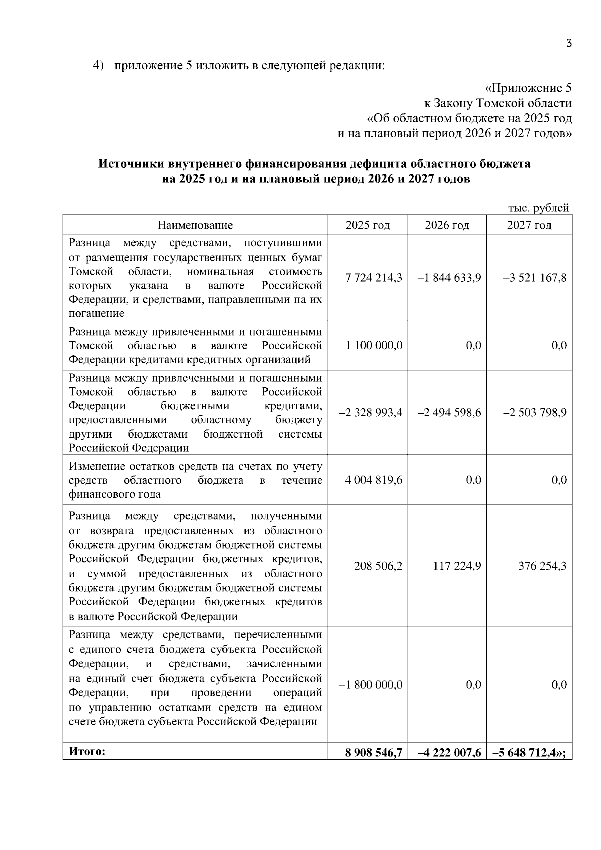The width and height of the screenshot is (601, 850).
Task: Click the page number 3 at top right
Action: (568, 43)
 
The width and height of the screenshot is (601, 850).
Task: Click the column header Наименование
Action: (195, 225)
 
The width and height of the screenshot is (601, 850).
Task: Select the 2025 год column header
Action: (367, 225)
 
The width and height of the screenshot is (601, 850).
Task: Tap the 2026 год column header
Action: (447, 225)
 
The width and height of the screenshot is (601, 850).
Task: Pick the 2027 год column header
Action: (529, 225)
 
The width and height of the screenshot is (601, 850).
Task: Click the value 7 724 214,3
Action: (374, 278)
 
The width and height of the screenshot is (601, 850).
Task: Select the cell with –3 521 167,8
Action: (535, 278)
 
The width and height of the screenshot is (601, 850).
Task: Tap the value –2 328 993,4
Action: (371, 413)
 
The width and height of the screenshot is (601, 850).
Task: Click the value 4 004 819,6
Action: (374, 480)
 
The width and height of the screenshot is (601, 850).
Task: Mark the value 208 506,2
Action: (378, 566)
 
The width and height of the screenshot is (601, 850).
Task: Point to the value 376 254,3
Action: (542, 566)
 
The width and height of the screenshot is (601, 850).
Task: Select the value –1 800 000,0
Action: (371, 685)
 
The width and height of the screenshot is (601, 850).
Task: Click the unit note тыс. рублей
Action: (538, 208)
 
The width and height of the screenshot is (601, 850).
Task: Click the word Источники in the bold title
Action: (131, 164)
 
